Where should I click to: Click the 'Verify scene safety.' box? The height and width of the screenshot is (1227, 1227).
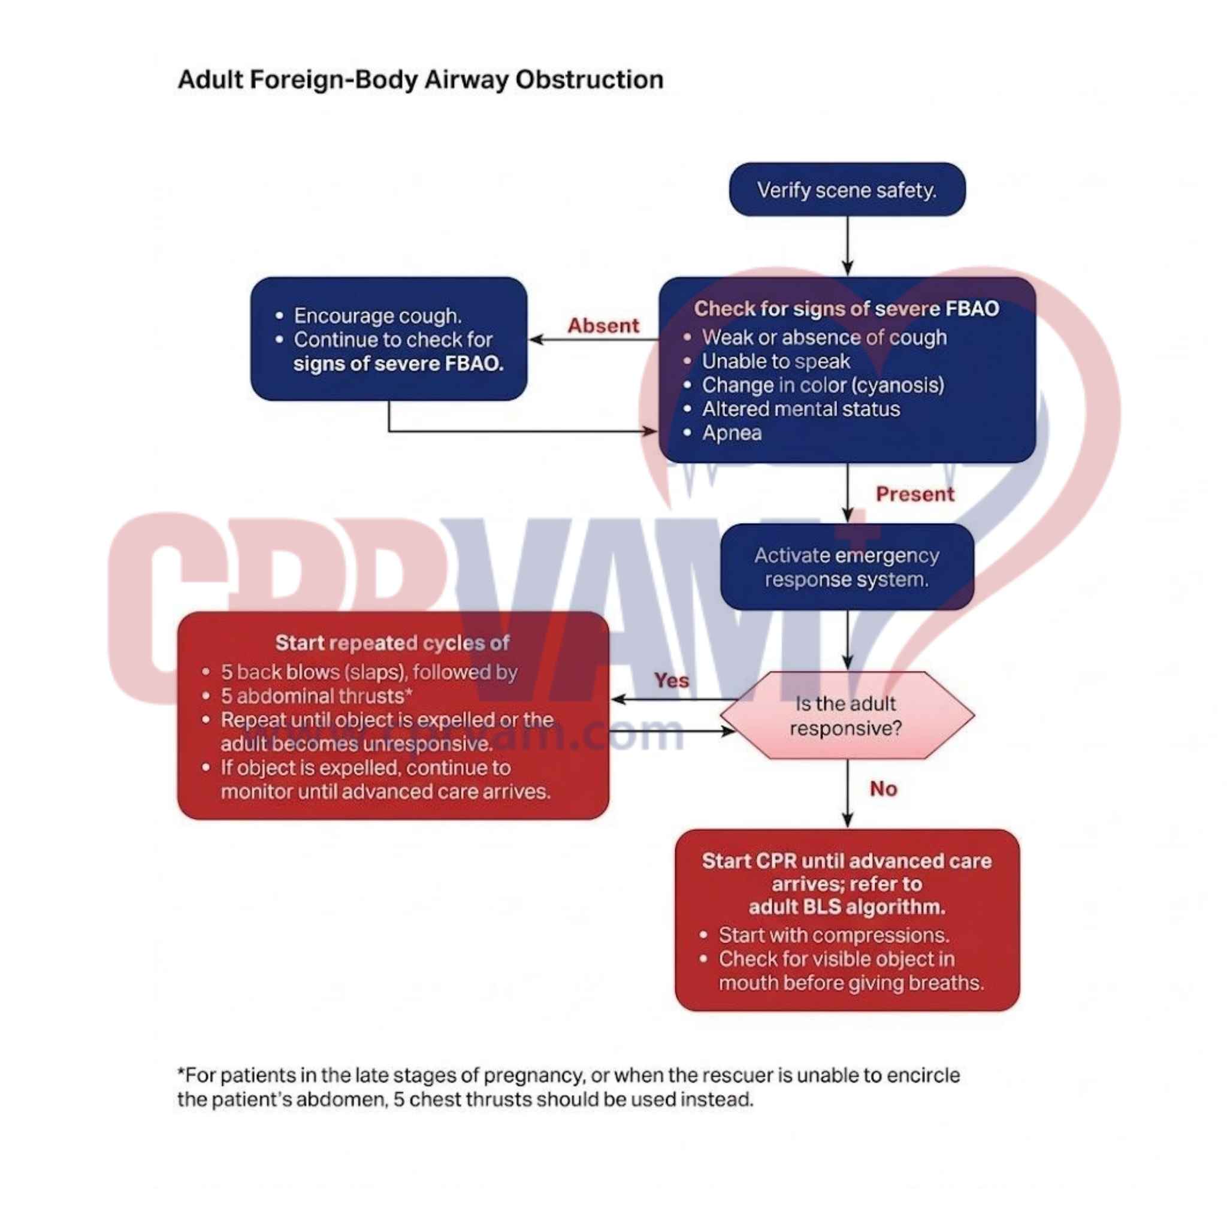847,190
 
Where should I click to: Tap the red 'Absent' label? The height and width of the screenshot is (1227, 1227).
603,326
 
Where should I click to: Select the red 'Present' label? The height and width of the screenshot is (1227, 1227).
914,494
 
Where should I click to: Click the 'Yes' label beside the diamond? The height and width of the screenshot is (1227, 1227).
671,681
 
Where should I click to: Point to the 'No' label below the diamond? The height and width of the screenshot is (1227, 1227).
883,789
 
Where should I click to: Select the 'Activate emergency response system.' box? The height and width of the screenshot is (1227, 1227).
847,567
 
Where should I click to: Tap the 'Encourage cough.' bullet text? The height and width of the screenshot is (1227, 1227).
377,316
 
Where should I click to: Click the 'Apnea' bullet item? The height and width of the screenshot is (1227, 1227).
732,433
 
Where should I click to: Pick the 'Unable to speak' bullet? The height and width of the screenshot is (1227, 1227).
775,361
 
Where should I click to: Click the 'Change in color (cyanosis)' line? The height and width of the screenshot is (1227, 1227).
823,385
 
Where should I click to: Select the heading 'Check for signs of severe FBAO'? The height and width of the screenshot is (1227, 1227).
846,309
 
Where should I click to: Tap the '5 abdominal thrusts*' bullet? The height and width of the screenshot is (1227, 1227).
316,696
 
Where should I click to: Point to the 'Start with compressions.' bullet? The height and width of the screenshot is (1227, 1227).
833,935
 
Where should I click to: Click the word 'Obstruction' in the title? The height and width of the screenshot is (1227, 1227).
589,80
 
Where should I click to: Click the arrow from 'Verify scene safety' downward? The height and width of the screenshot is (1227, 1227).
847,245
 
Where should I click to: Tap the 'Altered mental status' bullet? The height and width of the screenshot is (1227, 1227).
800,409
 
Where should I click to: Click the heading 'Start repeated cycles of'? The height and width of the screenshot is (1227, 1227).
392,643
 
